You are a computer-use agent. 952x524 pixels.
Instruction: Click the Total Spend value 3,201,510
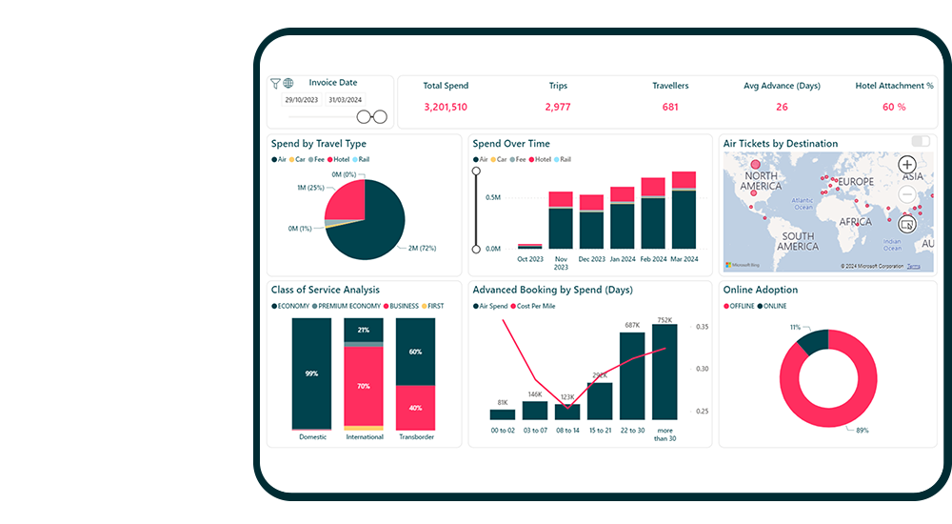click(x=445, y=107)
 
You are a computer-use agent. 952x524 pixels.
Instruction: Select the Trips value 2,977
click(x=558, y=107)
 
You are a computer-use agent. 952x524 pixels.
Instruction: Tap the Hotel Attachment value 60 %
click(x=894, y=107)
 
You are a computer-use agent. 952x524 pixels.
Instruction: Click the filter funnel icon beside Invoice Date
click(x=275, y=84)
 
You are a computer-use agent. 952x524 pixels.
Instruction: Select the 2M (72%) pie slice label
click(x=422, y=248)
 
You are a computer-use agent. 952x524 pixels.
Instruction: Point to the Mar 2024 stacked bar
click(x=684, y=214)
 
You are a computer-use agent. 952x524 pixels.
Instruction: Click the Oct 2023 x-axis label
click(x=530, y=259)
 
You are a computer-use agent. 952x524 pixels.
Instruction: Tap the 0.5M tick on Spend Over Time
click(x=493, y=197)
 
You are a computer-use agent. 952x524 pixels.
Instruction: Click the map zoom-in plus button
click(x=907, y=164)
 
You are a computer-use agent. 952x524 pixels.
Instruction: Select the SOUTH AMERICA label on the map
click(x=797, y=241)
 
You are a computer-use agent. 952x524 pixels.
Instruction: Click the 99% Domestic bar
click(x=311, y=373)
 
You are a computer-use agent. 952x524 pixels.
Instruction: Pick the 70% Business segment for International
click(x=363, y=385)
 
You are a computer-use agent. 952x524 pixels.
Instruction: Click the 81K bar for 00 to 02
click(x=502, y=414)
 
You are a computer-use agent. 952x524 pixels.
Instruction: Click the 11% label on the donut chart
click(x=795, y=327)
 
